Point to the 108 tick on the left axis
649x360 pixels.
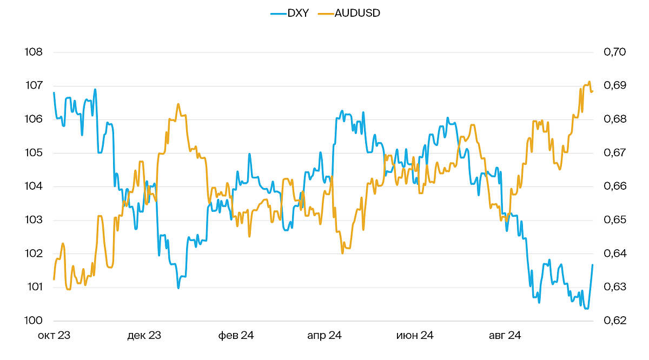point(34,52)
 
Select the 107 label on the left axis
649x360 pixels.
point(34,85)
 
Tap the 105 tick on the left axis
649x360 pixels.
point(34,153)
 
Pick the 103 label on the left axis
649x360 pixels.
point(34,220)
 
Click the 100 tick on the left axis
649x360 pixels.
point(34,321)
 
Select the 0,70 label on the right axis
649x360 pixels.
point(614,52)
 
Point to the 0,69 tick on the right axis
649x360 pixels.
point(614,85)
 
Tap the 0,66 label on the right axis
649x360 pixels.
point(614,186)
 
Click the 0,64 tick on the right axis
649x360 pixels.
point(614,254)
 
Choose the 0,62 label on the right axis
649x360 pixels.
point(614,321)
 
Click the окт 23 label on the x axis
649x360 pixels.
point(54,336)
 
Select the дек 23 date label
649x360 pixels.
point(144,336)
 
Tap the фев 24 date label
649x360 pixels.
point(236,336)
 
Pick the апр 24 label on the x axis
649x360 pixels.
point(325,336)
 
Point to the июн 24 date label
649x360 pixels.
point(415,336)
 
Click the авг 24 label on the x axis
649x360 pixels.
point(505,336)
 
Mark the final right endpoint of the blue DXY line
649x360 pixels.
point(593,265)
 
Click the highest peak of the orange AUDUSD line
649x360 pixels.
point(590,82)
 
